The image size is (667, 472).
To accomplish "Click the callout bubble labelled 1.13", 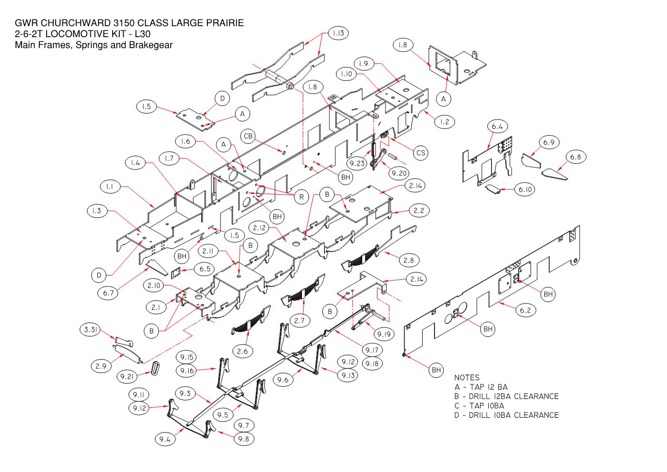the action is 338,33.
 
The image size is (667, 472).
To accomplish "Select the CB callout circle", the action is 248,136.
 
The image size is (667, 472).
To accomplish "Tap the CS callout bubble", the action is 421,153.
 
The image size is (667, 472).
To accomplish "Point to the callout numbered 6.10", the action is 525,189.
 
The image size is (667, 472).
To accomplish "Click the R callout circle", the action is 301,197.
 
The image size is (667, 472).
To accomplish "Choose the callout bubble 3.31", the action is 90,330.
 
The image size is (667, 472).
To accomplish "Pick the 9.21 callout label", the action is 127,377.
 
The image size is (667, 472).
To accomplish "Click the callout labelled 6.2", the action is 525,310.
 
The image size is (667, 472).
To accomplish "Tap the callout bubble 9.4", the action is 165,439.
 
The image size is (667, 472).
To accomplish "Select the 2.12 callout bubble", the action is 259,228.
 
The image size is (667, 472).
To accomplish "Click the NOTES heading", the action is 467,378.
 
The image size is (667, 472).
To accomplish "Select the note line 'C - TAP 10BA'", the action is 479,406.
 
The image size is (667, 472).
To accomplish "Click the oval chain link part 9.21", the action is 155,369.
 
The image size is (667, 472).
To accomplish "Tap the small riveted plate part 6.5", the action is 176,273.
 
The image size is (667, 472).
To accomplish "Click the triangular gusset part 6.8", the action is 554,175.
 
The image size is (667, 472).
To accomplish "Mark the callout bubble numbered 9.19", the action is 384,334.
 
